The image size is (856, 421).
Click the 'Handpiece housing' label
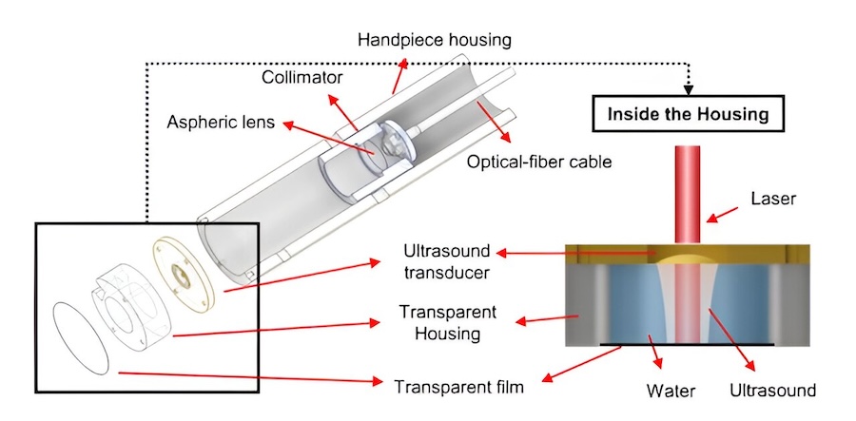(x=435, y=40)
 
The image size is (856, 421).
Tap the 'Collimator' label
(x=303, y=76)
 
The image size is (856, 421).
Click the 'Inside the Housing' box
(x=690, y=115)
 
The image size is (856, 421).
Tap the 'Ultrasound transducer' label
(x=445, y=261)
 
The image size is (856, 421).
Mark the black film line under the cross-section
(x=687, y=344)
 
